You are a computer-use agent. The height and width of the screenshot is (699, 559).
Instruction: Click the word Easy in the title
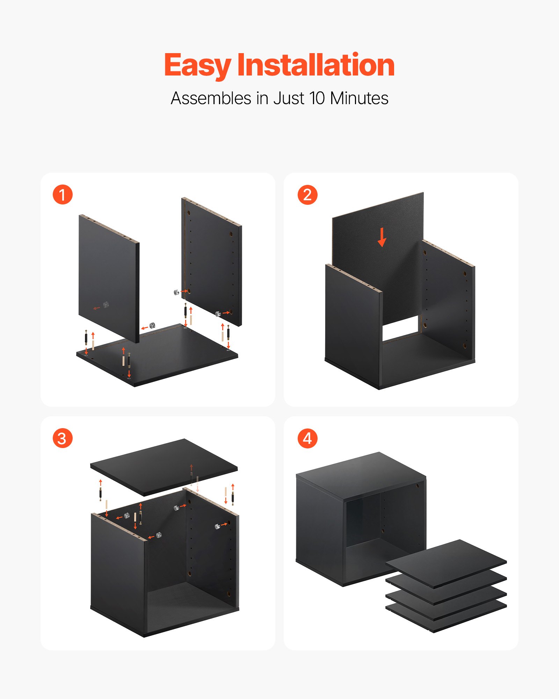197,65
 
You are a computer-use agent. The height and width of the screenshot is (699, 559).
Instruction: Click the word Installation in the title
316,65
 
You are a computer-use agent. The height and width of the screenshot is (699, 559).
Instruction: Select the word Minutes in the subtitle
359,98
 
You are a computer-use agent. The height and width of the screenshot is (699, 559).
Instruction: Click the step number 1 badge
63,195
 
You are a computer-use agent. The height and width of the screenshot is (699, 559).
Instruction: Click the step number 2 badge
307,195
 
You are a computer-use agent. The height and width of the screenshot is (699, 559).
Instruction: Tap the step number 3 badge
63,438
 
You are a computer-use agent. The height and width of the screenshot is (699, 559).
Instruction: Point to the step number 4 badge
307,438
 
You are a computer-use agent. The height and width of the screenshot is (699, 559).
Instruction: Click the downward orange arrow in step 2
382,237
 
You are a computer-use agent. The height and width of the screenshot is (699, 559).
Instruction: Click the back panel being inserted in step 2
377,252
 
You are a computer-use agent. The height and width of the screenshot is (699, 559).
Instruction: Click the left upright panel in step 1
108,276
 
